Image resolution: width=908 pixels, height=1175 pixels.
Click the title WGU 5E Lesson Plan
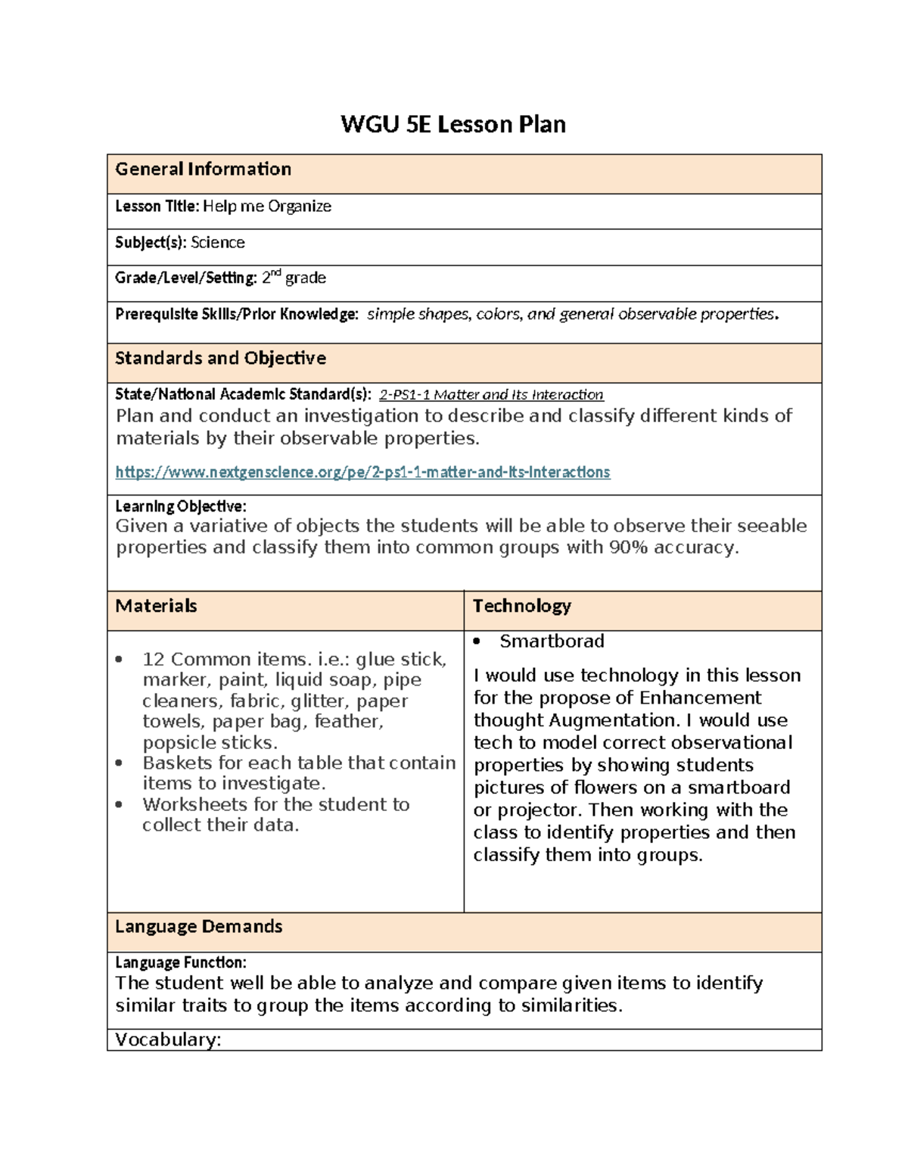click(x=452, y=124)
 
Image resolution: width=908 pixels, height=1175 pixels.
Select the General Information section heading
click(x=203, y=169)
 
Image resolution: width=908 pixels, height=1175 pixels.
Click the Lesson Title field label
click(x=157, y=207)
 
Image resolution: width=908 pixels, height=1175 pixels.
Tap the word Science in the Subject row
click(x=217, y=243)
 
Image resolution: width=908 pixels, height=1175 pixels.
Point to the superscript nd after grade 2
click(x=276, y=273)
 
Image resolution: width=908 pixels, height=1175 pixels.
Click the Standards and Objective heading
click(x=220, y=359)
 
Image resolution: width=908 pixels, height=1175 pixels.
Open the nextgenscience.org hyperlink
click(x=362, y=472)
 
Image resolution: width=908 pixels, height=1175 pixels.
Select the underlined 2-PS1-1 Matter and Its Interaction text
click(x=491, y=395)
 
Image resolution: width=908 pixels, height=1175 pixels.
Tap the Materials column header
click(x=156, y=606)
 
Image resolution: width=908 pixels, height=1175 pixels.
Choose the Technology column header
click(x=521, y=606)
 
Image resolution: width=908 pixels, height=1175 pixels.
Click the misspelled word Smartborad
click(x=552, y=642)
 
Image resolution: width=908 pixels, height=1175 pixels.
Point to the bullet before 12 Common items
click(x=119, y=660)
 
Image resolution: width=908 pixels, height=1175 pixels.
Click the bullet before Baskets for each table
click(x=119, y=763)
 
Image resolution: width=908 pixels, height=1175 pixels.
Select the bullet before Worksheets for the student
click(x=119, y=805)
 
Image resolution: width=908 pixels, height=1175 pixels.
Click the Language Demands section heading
click(x=198, y=927)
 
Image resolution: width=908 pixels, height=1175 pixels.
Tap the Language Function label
click(x=180, y=963)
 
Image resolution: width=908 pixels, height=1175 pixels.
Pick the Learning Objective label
click(x=180, y=506)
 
